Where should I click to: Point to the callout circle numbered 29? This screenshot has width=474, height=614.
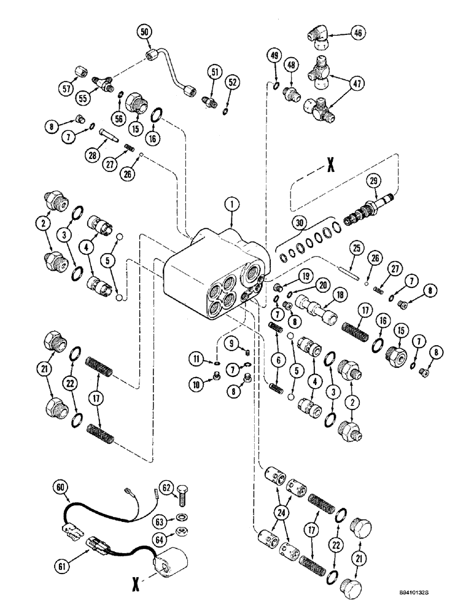click(x=406, y=181)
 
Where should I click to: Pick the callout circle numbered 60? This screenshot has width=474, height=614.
click(x=61, y=488)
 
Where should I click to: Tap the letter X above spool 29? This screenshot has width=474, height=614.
click(x=330, y=166)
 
